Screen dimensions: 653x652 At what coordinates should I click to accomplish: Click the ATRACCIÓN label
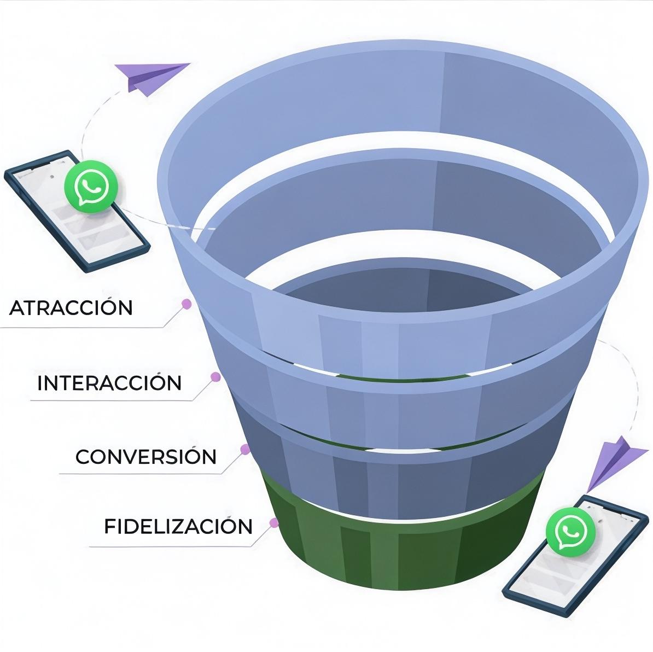71,307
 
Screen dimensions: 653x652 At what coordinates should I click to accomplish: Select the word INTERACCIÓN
109,383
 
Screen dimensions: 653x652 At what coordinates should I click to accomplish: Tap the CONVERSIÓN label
146,456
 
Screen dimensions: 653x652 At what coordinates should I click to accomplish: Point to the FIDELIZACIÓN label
178,526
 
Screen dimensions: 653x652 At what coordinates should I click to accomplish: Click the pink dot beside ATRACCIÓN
186,302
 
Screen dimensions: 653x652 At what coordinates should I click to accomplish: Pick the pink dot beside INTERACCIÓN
216,376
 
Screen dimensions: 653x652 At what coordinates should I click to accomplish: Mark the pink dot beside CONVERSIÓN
246,449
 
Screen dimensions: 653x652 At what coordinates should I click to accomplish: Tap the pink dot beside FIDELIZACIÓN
274,522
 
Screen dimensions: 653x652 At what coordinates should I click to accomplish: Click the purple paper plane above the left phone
150,77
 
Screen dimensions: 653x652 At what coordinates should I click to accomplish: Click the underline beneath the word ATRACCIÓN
82,328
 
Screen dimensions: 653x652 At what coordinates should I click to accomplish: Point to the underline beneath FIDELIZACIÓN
170,546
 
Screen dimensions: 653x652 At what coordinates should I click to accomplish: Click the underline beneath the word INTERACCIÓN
109,400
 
